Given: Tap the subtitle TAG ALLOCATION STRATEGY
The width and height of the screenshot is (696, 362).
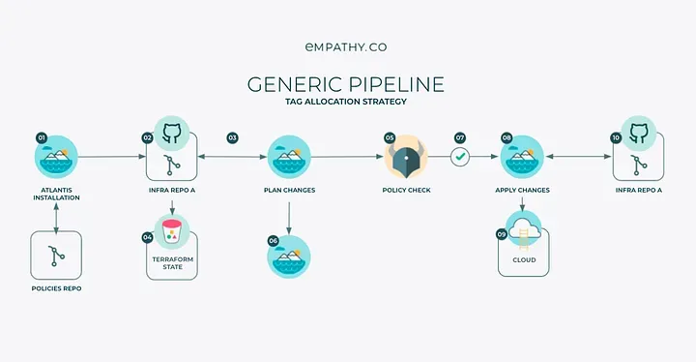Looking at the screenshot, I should point(347,102).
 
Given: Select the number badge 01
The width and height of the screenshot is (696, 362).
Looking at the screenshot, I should point(42,138).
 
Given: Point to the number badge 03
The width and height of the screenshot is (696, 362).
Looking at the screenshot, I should point(232,138).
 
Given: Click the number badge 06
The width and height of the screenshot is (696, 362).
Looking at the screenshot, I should point(274,240).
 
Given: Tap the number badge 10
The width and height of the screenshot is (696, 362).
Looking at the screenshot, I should point(616,138).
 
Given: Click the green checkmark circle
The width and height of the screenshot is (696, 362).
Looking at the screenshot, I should point(460,156).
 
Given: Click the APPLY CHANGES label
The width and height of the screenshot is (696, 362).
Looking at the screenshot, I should point(522,191).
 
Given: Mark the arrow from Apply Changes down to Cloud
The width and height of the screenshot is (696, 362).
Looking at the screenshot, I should point(522,205).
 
